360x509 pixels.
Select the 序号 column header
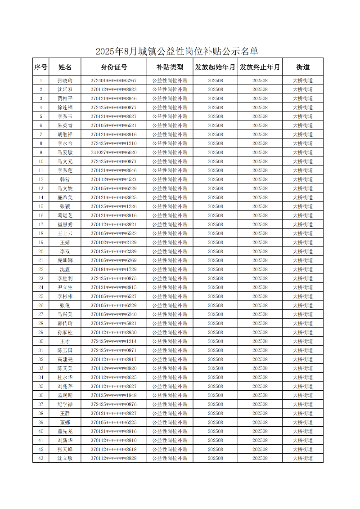(41, 67)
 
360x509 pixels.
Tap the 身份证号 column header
(113, 67)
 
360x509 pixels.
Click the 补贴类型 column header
(170, 67)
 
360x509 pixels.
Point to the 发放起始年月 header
(215, 67)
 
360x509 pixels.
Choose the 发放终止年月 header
(260, 67)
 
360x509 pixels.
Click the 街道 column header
(302, 67)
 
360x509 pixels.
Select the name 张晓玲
(65, 80)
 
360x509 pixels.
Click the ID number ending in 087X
(113, 161)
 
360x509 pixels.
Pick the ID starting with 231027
(113, 152)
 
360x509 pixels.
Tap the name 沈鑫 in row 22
(65, 269)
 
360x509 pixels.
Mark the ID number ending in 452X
(113, 179)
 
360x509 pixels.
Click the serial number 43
(41, 458)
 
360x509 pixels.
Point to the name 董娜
(65, 422)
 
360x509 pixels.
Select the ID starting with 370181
(113, 269)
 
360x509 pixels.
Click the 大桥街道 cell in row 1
(302, 80)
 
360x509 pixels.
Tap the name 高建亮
(65, 359)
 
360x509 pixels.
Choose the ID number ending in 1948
(113, 395)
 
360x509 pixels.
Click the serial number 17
(41, 224)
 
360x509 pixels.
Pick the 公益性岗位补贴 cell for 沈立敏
(170, 458)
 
